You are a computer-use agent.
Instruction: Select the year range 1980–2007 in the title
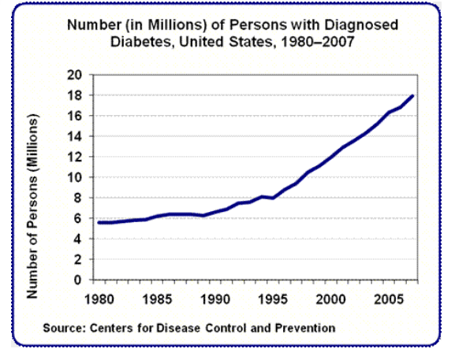318,42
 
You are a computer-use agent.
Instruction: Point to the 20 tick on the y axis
75,75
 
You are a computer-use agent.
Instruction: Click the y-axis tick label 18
75,95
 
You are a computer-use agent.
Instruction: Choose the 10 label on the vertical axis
75,177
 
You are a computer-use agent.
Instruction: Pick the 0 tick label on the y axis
77,280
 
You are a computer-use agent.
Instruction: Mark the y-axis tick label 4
77,239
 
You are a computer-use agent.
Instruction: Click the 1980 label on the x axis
99,299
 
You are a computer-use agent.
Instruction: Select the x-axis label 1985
157,299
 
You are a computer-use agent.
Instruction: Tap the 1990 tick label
215,299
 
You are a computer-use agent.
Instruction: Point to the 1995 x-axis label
273,299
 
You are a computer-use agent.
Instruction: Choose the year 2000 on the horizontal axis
331,299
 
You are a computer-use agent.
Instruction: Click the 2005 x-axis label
389,299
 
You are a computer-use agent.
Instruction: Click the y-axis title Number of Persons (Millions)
32,206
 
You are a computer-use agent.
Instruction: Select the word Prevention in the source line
305,328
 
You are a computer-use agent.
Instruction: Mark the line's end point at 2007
412,96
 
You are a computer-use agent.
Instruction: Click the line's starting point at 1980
99,223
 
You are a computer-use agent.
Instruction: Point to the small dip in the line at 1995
273,198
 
